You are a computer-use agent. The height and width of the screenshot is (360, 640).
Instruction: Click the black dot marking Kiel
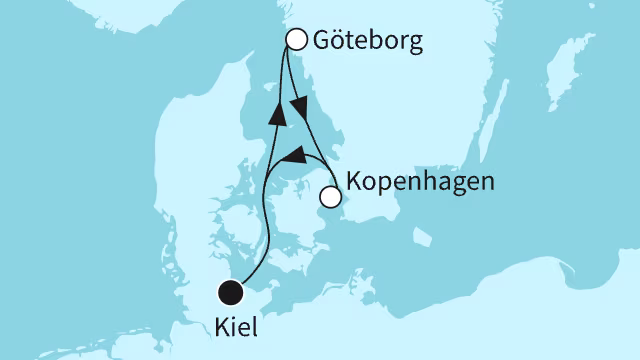pos(231,293)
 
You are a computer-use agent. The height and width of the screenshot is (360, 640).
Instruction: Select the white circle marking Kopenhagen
pos(329,198)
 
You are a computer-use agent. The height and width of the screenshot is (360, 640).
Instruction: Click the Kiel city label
pos(236,327)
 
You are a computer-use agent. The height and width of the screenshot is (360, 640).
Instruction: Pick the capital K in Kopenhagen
pos(353,183)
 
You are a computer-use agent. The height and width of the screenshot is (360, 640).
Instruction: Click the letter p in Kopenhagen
pos(384,186)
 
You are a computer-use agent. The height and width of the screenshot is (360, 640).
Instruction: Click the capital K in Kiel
pos(223,327)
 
